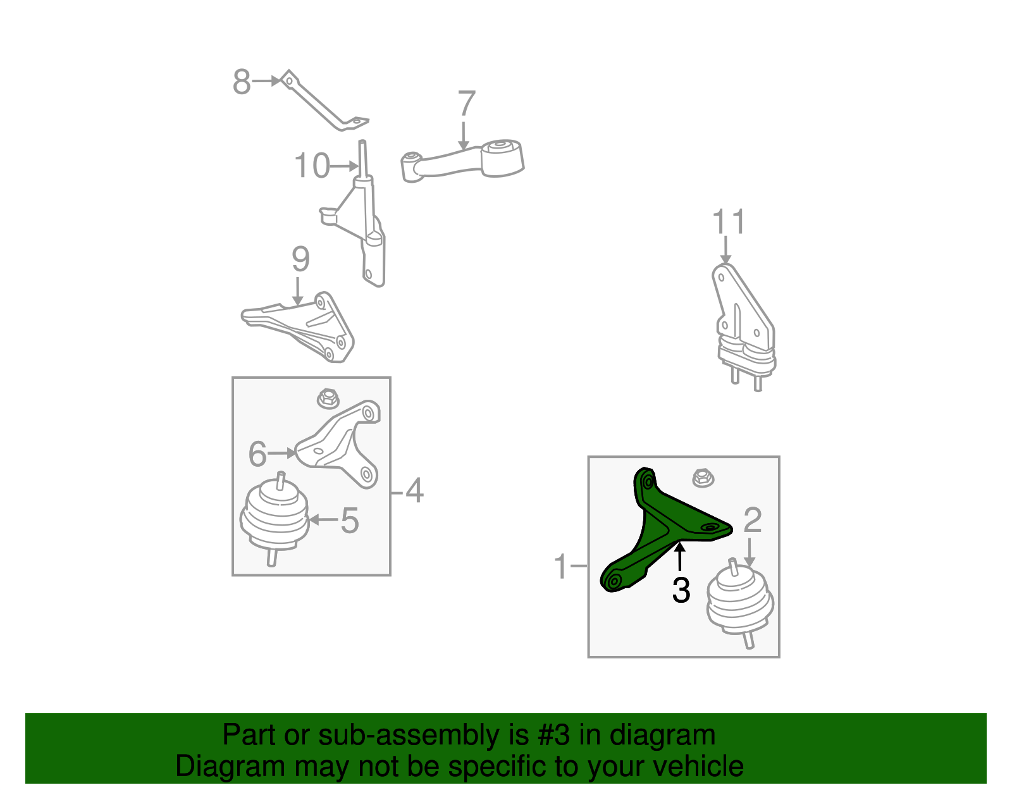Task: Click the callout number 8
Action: [x=242, y=82]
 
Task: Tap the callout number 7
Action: [x=466, y=103]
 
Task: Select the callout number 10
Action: [x=312, y=166]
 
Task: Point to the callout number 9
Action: [x=300, y=259]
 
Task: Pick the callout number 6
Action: [x=257, y=454]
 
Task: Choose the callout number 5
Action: [x=350, y=521]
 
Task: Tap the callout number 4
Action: [x=414, y=490]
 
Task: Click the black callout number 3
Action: [x=681, y=591]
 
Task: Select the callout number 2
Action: [x=753, y=520]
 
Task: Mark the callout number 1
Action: [x=561, y=566]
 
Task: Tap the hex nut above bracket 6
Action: [x=328, y=399]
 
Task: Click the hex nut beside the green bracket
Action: [x=703, y=478]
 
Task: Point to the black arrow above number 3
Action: [x=680, y=556]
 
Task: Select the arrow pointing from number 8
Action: [x=266, y=81]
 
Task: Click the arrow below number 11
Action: [x=725, y=250]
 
